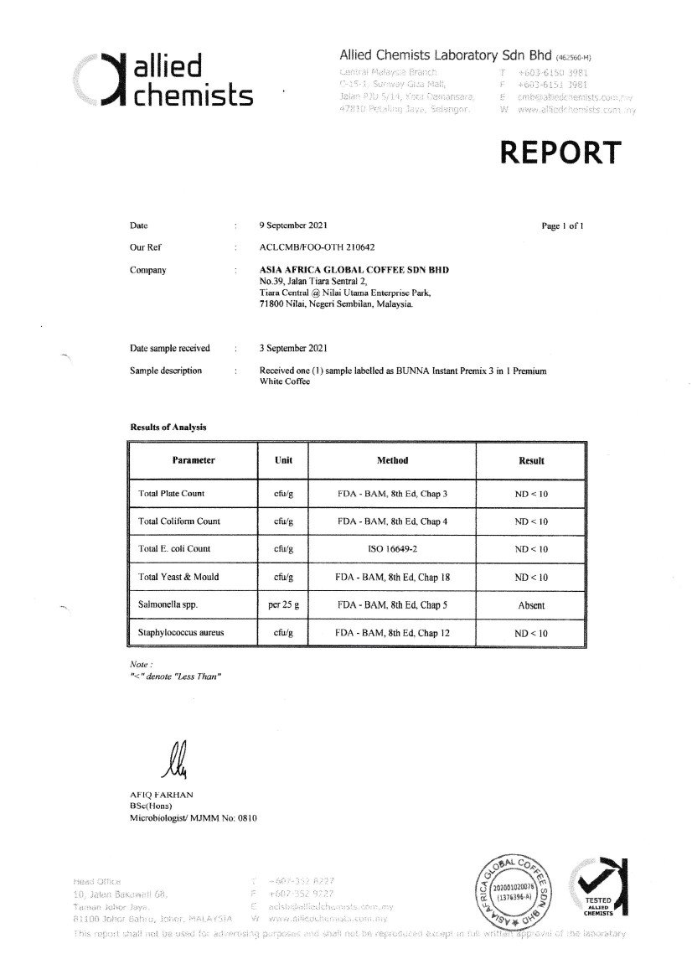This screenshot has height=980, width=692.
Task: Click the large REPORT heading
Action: (x=560, y=153)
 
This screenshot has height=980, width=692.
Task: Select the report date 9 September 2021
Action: (x=294, y=226)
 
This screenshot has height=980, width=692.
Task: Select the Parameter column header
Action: (x=194, y=460)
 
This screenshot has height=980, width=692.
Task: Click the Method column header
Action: (x=392, y=460)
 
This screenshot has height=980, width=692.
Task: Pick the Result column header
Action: (x=531, y=460)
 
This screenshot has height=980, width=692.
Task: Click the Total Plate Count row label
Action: (x=171, y=494)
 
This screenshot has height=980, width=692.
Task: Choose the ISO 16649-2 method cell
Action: (x=392, y=549)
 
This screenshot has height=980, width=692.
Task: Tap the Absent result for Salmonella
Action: (x=531, y=605)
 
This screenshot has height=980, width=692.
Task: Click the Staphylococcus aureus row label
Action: (x=182, y=633)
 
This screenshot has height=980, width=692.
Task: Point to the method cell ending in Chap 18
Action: (x=392, y=578)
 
